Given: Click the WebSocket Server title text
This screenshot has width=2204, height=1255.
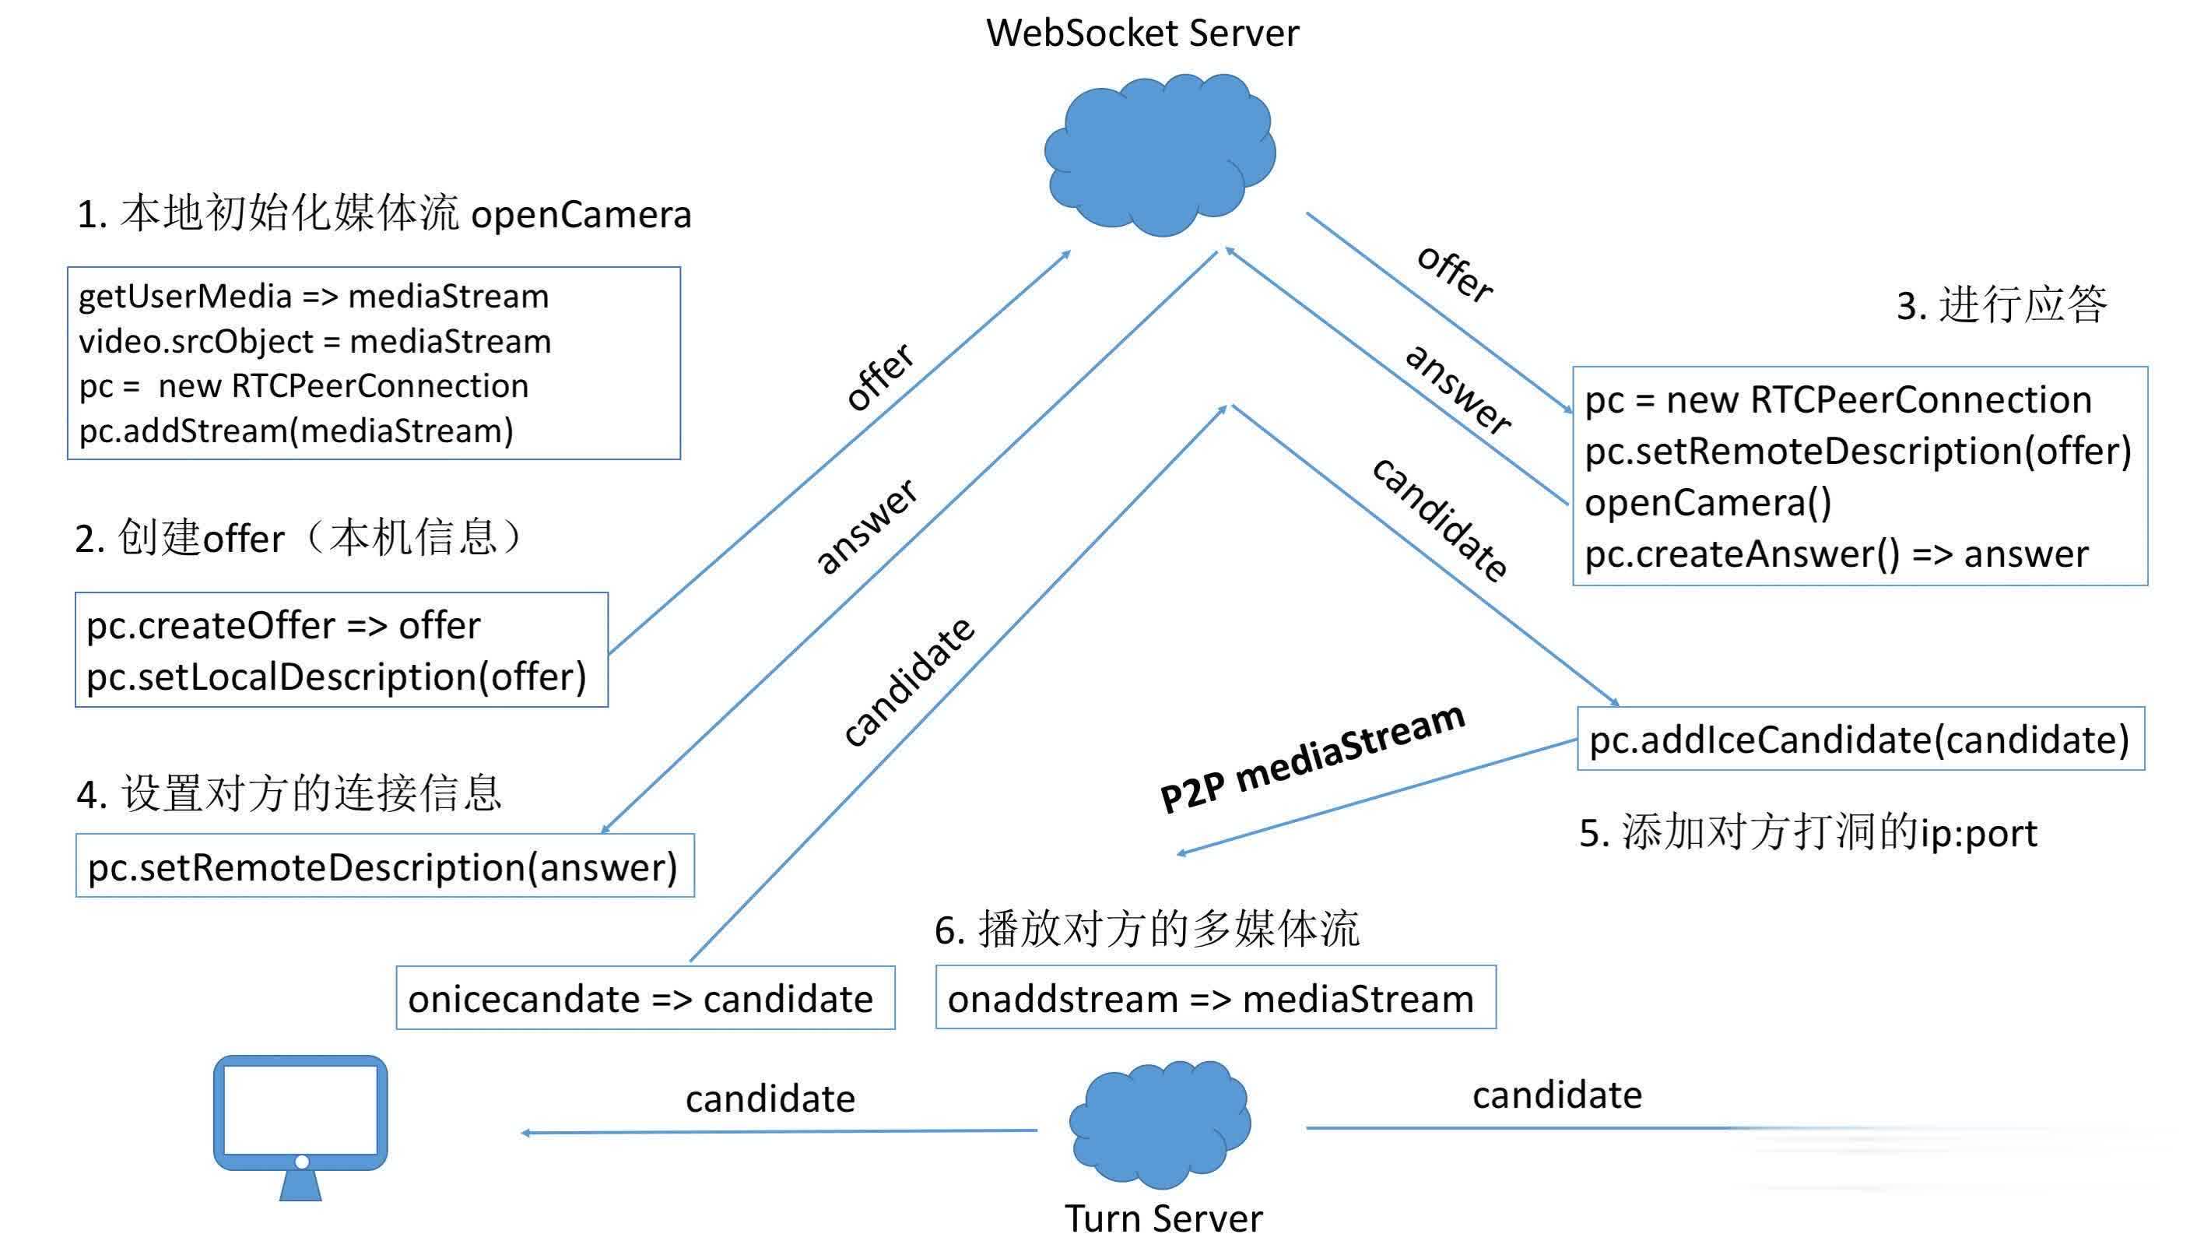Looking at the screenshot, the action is click(1142, 33).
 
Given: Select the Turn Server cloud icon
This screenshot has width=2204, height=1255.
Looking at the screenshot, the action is click(1160, 1123).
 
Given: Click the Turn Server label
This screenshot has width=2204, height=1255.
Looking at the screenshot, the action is click(1163, 1218).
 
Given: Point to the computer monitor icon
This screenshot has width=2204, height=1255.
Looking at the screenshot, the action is click(300, 1127).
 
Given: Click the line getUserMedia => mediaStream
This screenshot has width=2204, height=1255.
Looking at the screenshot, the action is click(314, 297).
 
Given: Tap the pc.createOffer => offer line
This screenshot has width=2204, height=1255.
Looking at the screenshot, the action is click(283, 626).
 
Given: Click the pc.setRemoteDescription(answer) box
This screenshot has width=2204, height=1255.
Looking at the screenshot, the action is click(384, 866).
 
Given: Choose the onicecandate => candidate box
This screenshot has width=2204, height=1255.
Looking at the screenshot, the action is click(645, 997).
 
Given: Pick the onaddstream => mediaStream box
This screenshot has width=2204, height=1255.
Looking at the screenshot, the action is click(1216, 997).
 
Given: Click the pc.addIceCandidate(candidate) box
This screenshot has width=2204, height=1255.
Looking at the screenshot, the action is click(1861, 739).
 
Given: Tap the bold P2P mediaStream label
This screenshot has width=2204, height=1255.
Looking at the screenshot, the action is click(1312, 758).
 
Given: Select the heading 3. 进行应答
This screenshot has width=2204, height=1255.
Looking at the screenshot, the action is click(2002, 304).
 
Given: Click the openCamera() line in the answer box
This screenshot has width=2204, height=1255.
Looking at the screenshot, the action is click(1707, 502).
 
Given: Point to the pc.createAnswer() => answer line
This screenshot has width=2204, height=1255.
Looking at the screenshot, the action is click(1836, 554).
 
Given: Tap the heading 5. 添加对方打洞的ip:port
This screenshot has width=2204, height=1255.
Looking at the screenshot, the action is click(1808, 833).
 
